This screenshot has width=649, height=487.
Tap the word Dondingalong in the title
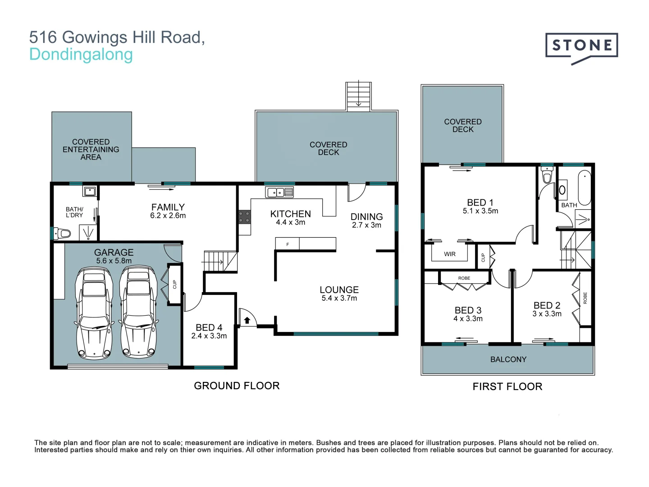click(x=81, y=55)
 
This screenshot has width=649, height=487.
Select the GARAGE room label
click(x=114, y=252)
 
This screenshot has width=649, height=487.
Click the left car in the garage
click(x=94, y=313)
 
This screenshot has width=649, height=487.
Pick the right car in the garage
click(x=138, y=312)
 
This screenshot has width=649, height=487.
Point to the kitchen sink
click(x=279, y=192)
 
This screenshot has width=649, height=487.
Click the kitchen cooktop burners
click(x=245, y=217)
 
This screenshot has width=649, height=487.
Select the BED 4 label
click(x=209, y=327)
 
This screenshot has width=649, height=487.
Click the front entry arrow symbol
click(x=247, y=320)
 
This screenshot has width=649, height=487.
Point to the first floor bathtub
click(x=584, y=188)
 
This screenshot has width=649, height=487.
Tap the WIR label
click(x=449, y=254)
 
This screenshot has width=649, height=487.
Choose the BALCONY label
click(x=508, y=359)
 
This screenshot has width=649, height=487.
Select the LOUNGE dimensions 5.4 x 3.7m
click(x=339, y=298)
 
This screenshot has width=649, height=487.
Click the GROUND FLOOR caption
click(x=237, y=386)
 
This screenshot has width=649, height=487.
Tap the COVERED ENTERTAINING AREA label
click(x=91, y=149)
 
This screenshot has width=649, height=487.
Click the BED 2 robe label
click(x=585, y=298)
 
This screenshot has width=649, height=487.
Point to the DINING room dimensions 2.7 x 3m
click(x=366, y=225)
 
